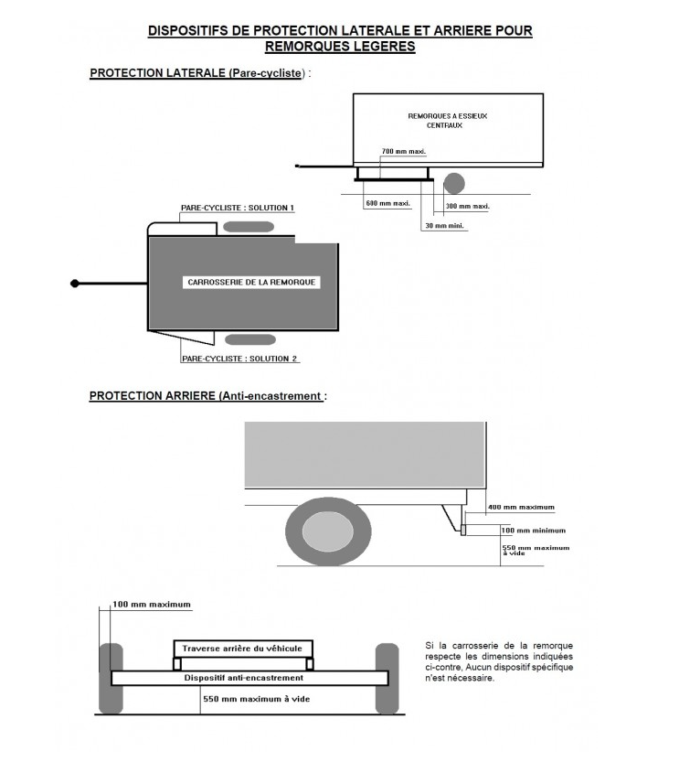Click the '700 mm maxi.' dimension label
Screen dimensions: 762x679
[x=404, y=151]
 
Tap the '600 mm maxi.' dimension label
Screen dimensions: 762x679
[x=387, y=203]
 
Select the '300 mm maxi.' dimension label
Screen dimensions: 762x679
[x=467, y=206]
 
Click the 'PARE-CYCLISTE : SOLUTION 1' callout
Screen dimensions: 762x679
[x=238, y=209]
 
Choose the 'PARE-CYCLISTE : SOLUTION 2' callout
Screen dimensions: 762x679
[x=240, y=359]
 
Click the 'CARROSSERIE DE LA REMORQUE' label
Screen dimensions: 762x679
[x=251, y=283]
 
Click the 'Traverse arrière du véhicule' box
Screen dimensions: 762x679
[x=243, y=648]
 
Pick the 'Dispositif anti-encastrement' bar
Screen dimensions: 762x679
[x=244, y=678]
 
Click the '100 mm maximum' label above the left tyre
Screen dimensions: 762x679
[x=152, y=605]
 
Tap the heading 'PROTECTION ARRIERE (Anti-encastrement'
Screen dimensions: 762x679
[x=207, y=396]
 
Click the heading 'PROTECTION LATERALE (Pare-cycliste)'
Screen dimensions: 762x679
[x=198, y=73]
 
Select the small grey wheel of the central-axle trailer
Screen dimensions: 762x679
[x=453, y=183]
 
